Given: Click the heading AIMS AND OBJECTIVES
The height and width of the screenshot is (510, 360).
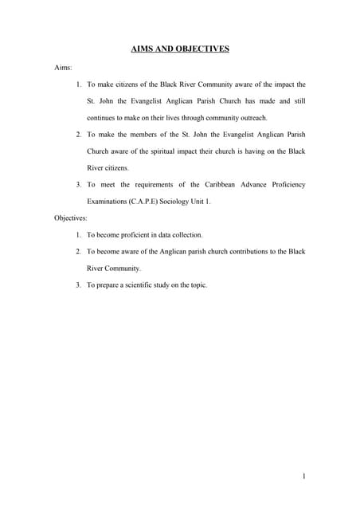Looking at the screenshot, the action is point(180,49).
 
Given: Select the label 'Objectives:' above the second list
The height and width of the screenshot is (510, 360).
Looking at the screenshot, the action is point(71,217).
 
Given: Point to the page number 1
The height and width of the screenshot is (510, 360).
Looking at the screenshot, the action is point(304,477).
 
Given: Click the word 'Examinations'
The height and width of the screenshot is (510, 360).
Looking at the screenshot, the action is point(108,201).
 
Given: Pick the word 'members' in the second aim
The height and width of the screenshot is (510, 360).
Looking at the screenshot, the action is point(143,135).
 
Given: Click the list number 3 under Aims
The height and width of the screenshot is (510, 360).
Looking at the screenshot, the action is point(78,184).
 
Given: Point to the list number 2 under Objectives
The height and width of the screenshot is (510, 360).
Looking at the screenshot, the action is point(78,252).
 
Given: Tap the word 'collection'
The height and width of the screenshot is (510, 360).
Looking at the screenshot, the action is point(187,235).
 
